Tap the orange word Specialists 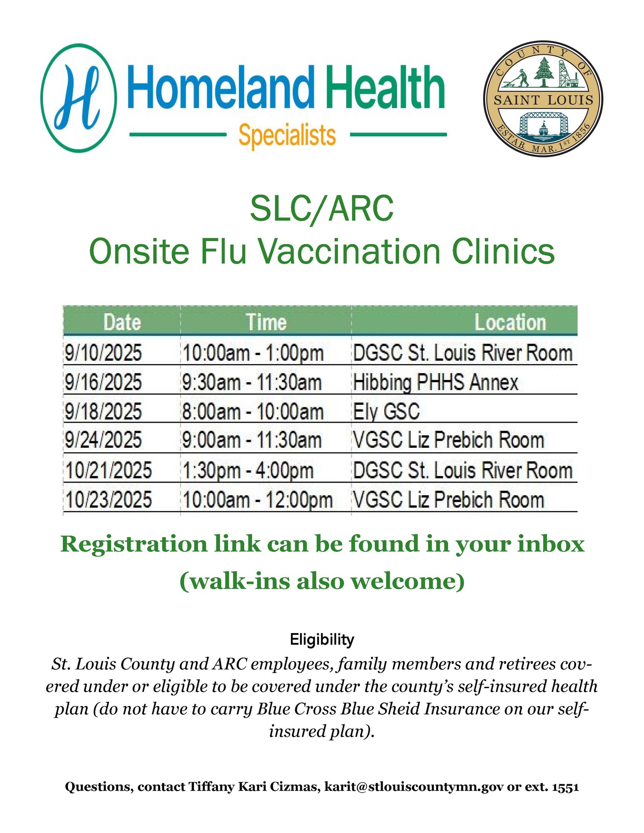pyautogui.click(x=287, y=136)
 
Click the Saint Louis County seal pyautogui.click(x=543, y=99)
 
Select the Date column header pyautogui.click(x=122, y=322)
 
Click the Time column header pyautogui.click(x=266, y=322)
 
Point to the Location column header pyautogui.click(x=510, y=322)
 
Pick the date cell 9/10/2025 pyautogui.click(x=103, y=352)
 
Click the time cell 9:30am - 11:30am pyautogui.click(x=252, y=382)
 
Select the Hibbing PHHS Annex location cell pyautogui.click(x=436, y=382)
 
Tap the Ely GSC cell pyautogui.click(x=386, y=412)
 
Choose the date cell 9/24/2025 pyautogui.click(x=103, y=440)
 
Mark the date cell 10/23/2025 pyautogui.click(x=108, y=499)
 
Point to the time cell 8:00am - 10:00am pyautogui.click(x=253, y=412)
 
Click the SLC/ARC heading pyautogui.click(x=322, y=209)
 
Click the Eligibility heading pyautogui.click(x=322, y=639)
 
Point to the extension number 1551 pyautogui.click(x=565, y=787)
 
